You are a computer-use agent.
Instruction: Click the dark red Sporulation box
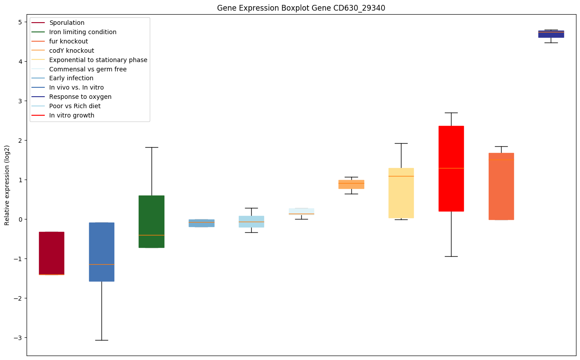tap(51, 253)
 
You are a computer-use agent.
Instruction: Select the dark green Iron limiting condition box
tap(152, 222)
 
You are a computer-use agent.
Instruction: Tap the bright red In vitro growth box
tap(451, 168)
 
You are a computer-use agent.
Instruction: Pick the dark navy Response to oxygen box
tap(551, 34)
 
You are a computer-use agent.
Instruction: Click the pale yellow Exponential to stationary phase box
tap(401, 193)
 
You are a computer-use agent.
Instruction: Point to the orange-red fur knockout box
tap(501, 186)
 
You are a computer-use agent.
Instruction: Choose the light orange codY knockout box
tap(351, 184)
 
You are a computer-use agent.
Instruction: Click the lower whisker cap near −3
tap(101, 340)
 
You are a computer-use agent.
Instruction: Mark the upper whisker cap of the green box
tap(152, 147)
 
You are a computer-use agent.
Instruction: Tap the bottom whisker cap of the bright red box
tap(451, 256)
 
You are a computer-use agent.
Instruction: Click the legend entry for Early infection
tap(71, 78)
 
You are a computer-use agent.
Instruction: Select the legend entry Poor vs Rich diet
tap(75, 106)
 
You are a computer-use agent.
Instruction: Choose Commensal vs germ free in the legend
tap(88, 69)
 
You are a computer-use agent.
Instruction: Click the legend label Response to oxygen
tap(80, 97)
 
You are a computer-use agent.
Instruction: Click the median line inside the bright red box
tap(451, 168)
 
